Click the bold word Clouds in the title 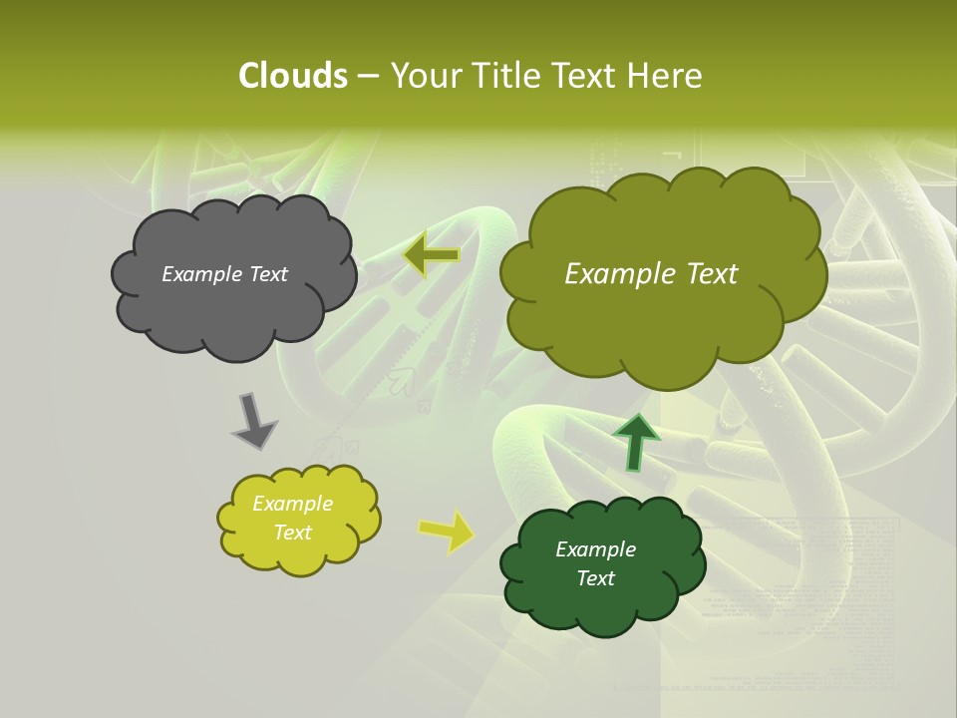292,76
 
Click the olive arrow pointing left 431,256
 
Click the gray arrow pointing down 253,421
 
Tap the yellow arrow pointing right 447,531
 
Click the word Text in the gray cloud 268,274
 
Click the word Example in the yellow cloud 292,504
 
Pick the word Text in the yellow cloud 292,533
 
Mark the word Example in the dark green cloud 595,549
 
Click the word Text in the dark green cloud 595,578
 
